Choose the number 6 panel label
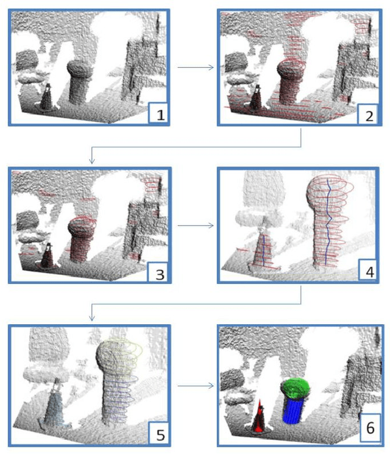(371, 428)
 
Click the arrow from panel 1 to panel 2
(196, 68)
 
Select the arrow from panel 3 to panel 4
(196, 225)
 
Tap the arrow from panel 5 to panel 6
(196, 386)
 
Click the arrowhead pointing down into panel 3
(92, 161)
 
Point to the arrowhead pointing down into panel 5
(92, 318)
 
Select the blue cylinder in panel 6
(293, 410)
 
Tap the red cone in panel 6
(258, 417)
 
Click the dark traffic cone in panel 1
(46, 98)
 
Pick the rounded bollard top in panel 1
(79, 69)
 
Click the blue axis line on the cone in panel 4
(263, 250)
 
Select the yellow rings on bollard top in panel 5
(124, 356)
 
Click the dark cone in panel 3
(47, 256)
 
